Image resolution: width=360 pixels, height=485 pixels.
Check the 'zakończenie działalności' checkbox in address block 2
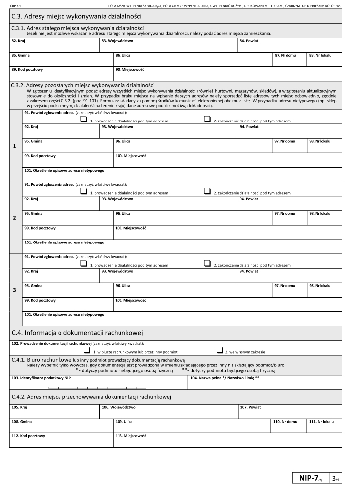207,191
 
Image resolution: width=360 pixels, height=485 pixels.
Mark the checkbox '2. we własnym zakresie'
219,350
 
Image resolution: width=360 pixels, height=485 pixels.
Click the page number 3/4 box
336,478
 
